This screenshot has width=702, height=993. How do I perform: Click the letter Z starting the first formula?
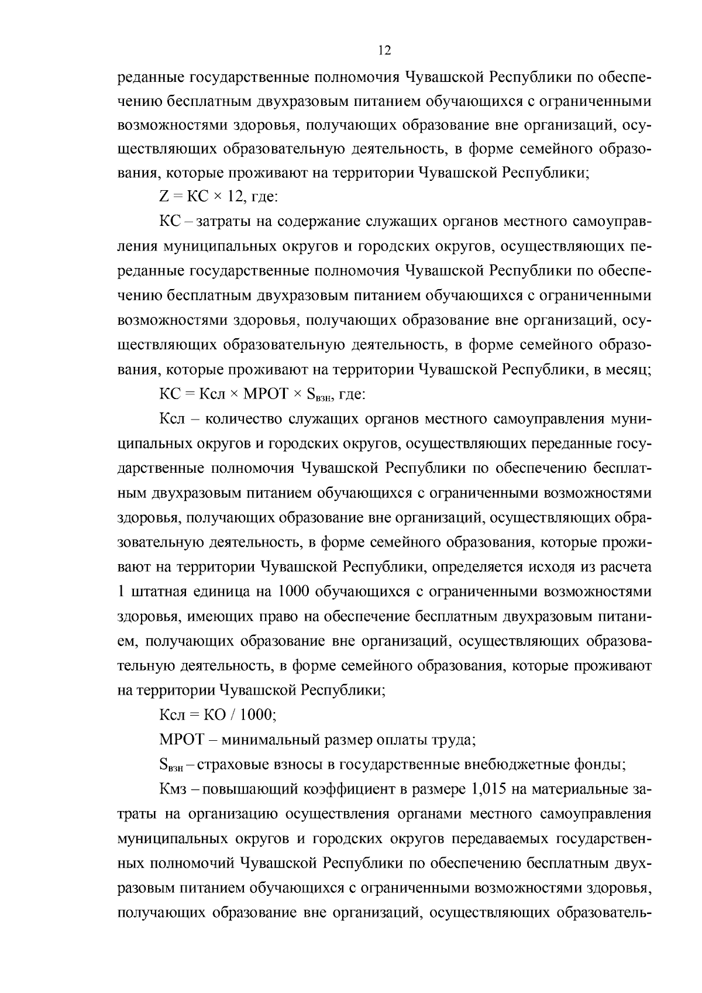tap(163, 198)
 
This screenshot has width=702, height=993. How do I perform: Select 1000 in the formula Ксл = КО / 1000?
tap(255, 714)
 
